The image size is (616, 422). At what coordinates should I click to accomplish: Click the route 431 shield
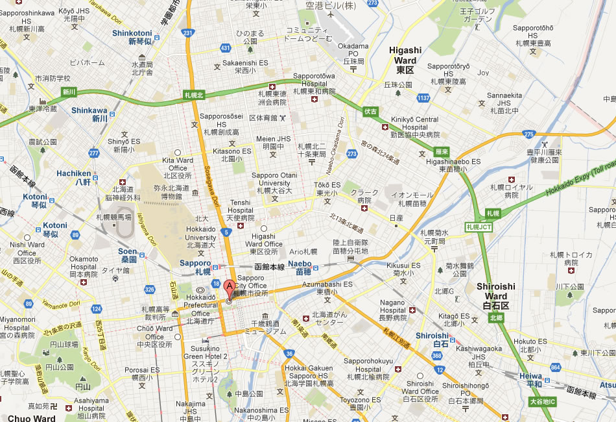pyautogui.click(x=225, y=48)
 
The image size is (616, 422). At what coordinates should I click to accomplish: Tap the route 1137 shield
pyautogui.click(x=423, y=98)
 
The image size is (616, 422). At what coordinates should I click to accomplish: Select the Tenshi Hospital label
pyautogui.click(x=240, y=207)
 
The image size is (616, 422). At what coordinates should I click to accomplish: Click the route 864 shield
pyautogui.click(x=555, y=368)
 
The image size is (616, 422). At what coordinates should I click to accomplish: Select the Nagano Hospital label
pyautogui.click(x=392, y=306)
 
